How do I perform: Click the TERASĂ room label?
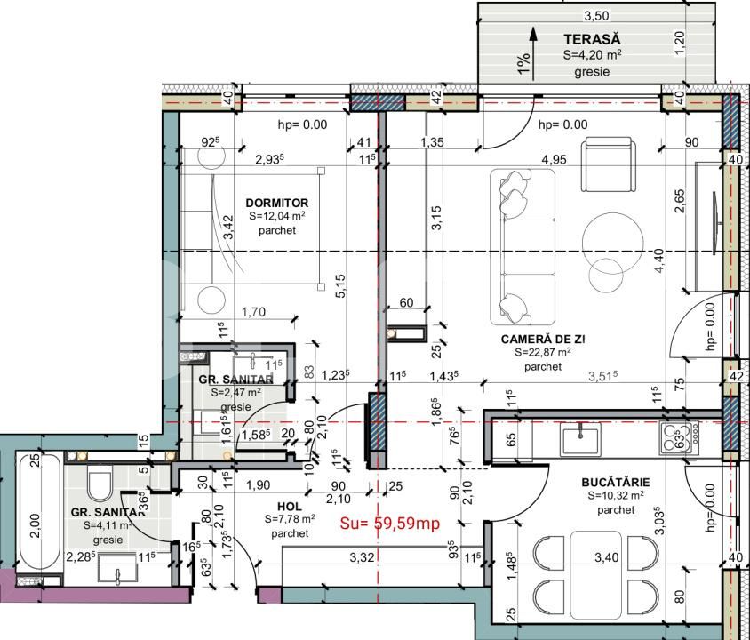tap(592, 38)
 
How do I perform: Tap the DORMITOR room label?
tap(276, 203)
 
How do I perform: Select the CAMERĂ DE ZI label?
tap(544, 339)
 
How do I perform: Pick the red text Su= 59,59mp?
tap(391, 524)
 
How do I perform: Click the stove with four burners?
tap(679, 435)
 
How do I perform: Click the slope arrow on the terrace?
tap(532, 50)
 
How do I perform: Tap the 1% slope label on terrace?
tap(524, 63)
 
